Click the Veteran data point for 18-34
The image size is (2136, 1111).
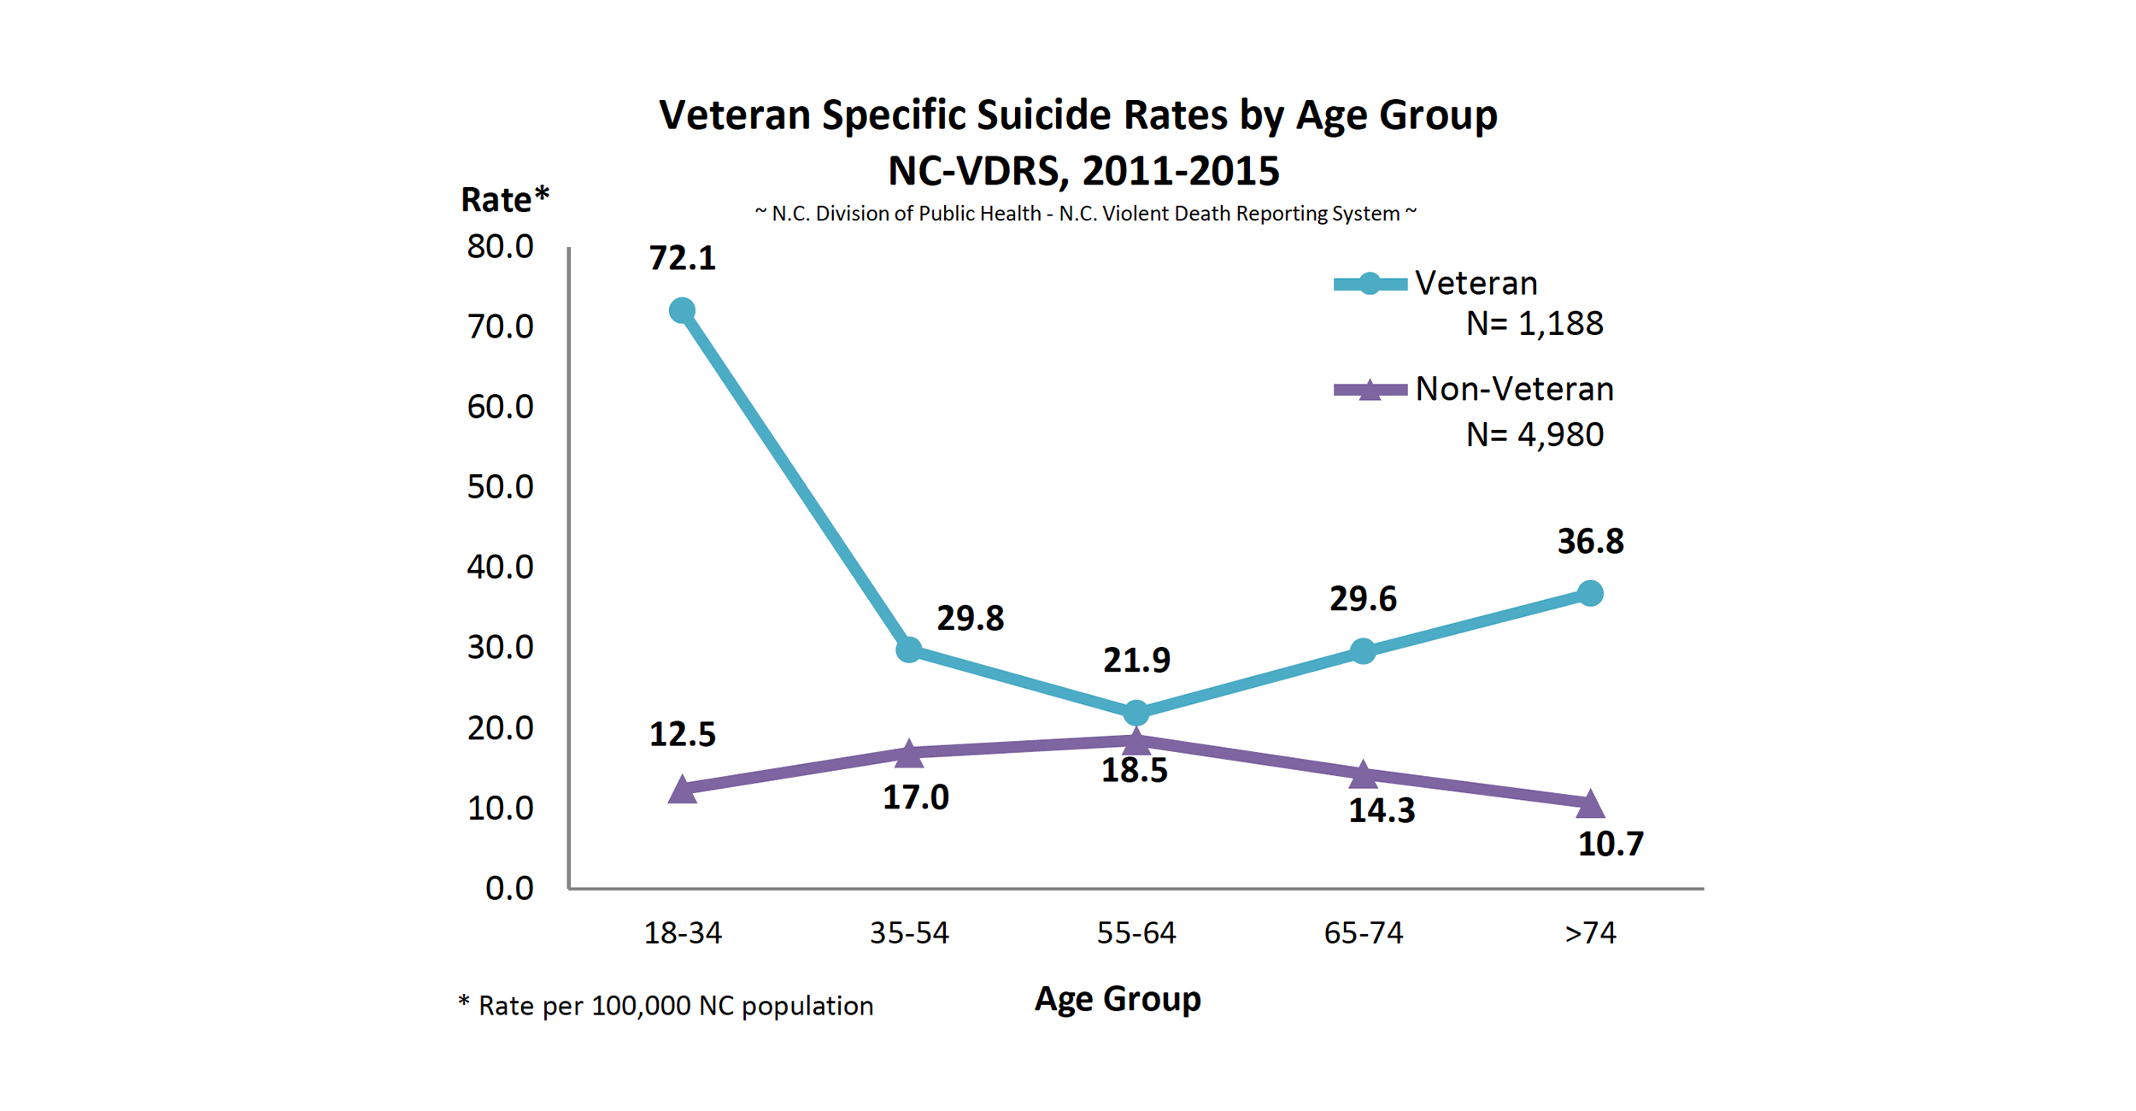click(x=682, y=310)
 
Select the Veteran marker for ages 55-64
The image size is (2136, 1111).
click(x=1135, y=712)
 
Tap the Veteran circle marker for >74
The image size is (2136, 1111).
click(x=1589, y=593)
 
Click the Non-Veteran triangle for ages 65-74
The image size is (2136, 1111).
click(x=1363, y=774)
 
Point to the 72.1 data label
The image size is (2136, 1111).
click(x=682, y=258)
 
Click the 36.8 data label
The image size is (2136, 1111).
click(x=1590, y=541)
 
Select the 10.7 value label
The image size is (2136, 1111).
click(x=1610, y=844)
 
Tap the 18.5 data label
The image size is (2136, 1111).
click(x=1134, y=771)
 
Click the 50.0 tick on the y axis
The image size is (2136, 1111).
click(x=500, y=487)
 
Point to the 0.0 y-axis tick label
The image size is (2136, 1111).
click(x=509, y=889)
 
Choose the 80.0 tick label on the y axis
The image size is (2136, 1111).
click(x=500, y=247)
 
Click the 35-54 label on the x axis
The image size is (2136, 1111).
click(x=909, y=932)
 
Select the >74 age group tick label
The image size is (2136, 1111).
click(x=1590, y=932)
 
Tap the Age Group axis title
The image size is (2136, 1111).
click(x=1118, y=998)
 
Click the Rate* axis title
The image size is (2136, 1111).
click(x=504, y=200)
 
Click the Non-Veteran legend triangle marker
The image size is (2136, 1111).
click(x=1370, y=391)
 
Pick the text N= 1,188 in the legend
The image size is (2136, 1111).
click(x=1535, y=324)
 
